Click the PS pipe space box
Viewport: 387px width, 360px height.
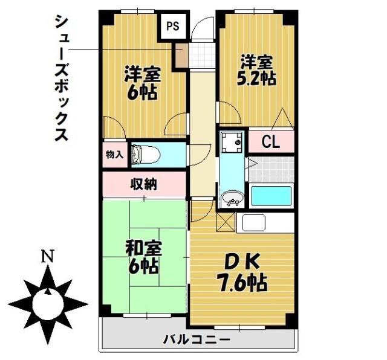(174, 26)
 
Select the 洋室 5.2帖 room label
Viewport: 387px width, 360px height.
(258, 69)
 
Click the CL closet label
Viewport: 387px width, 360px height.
(270, 143)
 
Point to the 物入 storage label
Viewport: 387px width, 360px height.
(114, 155)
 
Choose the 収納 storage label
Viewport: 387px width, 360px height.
(144, 184)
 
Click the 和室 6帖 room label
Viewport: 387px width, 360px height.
(143, 256)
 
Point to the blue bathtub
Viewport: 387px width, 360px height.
(271, 196)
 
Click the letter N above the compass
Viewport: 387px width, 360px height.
(46, 257)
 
